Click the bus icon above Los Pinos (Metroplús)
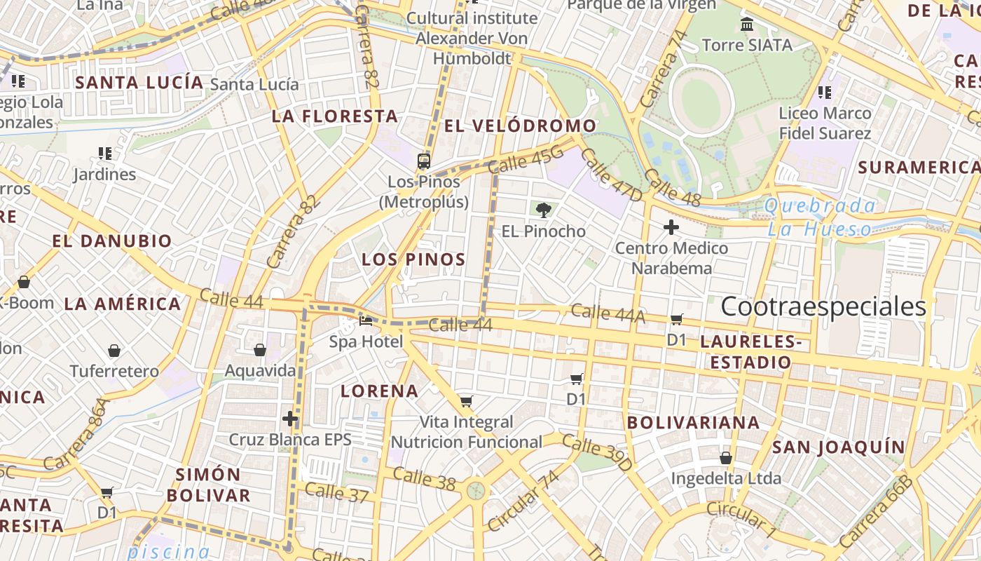pyautogui.click(x=423, y=161)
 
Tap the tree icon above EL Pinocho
pyautogui.click(x=542, y=209)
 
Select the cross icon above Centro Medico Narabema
pyautogui.click(x=671, y=227)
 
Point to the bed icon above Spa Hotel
pyautogui.click(x=366, y=322)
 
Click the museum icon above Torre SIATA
pyautogui.click(x=747, y=25)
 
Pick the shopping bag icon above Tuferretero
pyautogui.click(x=114, y=351)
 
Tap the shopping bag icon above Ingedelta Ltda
pyautogui.click(x=726, y=459)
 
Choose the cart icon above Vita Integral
pyautogui.click(x=466, y=402)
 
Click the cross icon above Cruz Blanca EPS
pyautogui.click(x=290, y=419)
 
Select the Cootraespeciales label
pyautogui.click(x=823, y=307)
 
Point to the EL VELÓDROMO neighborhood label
pyautogui.click(x=521, y=126)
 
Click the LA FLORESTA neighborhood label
pyautogui.click(x=335, y=116)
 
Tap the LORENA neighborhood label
pyautogui.click(x=379, y=391)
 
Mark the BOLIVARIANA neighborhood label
pyautogui.click(x=693, y=423)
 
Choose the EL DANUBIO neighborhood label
pyautogui.click(x=112, y=241)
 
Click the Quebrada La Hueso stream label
pyautogui.click(x=820, y=217)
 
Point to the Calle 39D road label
pyautogui.click(x=597, y=453)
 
